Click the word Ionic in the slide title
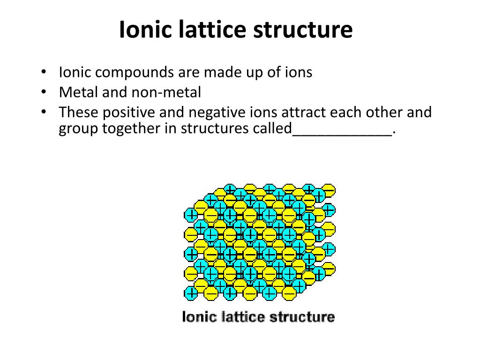[x=145, y=30]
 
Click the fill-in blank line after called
[x=342, y=133]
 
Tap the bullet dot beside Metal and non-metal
[x=43, y=92]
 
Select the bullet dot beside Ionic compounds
[x=43, y=73]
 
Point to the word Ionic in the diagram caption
[x=194, y=317]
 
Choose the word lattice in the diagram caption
[x=232, y=317]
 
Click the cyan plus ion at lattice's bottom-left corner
[x=191, y=293]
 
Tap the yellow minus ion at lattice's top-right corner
[x=329, y=190]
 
